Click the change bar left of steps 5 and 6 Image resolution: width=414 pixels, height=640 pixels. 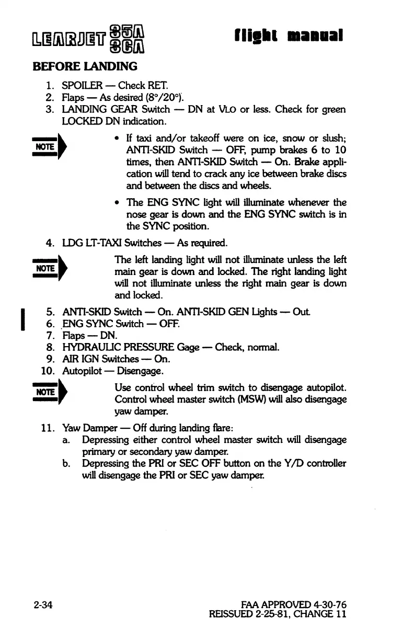coord(22,319)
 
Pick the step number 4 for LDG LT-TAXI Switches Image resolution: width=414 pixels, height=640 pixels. coord(51,243)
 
